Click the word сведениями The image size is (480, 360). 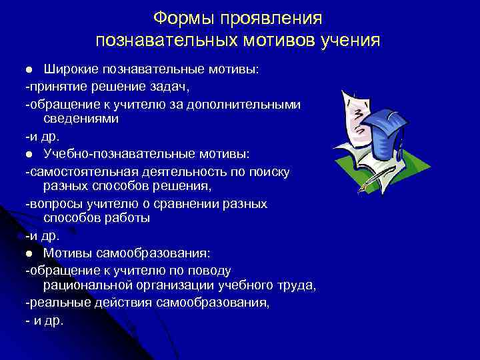81,119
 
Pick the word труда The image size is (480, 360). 297,286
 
